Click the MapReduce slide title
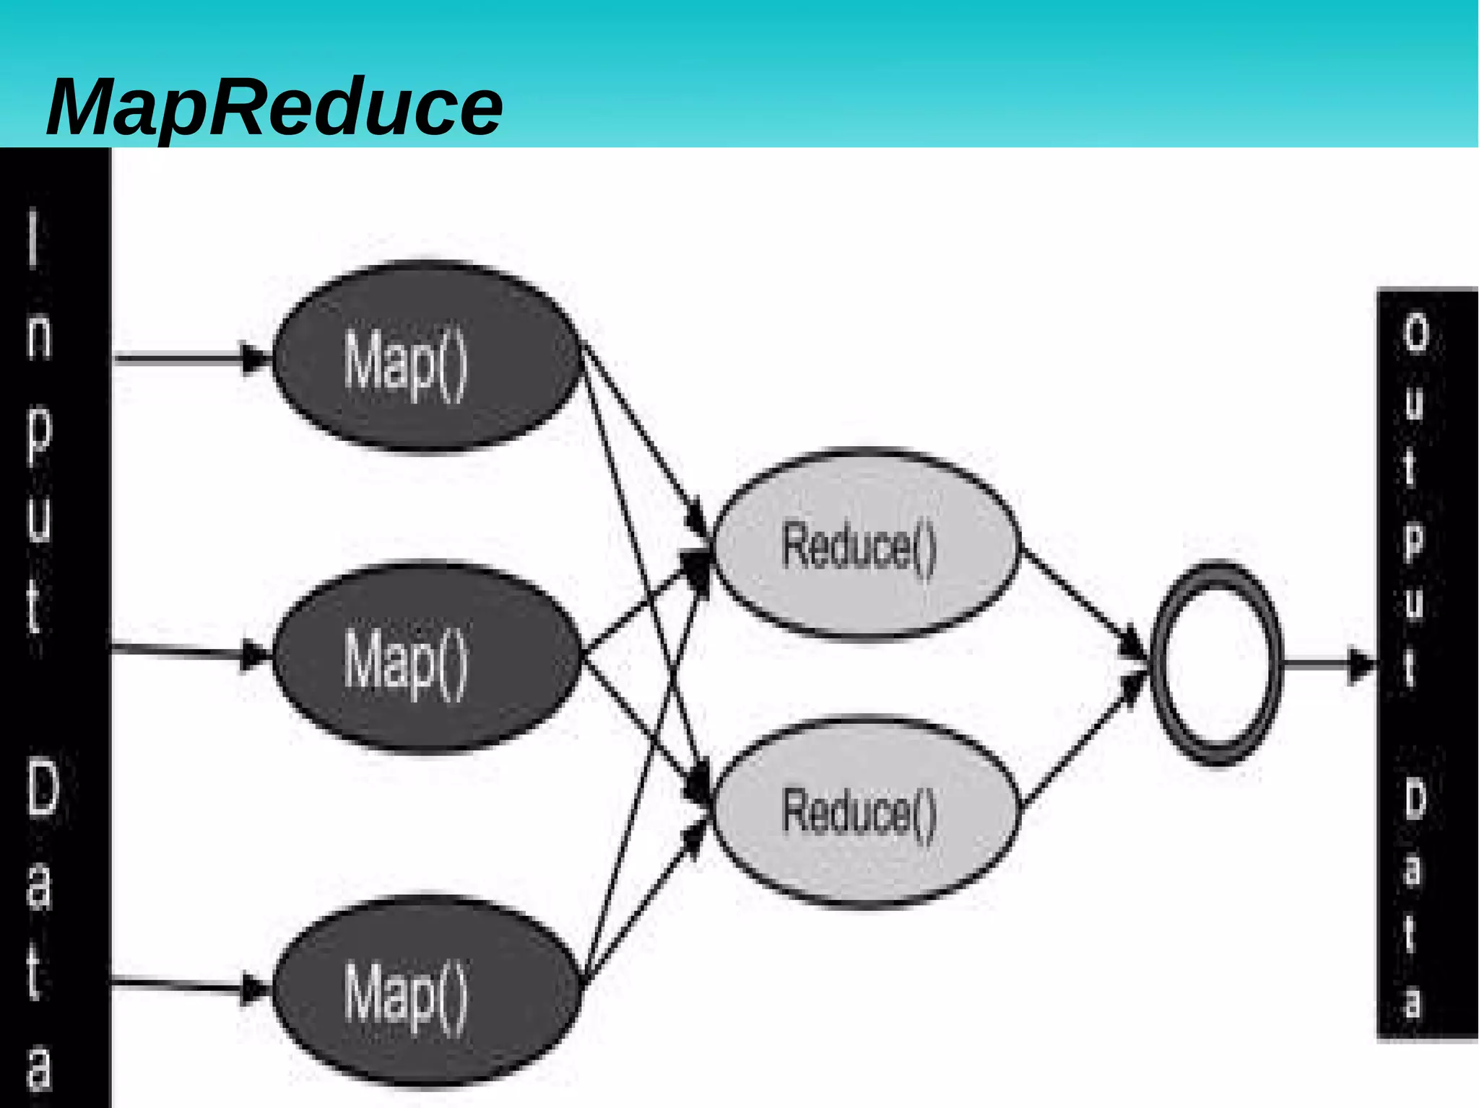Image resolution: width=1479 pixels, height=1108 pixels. (274, 108)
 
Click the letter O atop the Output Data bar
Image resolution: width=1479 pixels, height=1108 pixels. (1416, 333)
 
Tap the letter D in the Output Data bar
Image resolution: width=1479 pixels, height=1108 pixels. (1415, 801)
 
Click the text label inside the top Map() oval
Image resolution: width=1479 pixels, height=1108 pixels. (405, 361)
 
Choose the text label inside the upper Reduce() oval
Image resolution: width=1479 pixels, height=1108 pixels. (859, 547)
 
